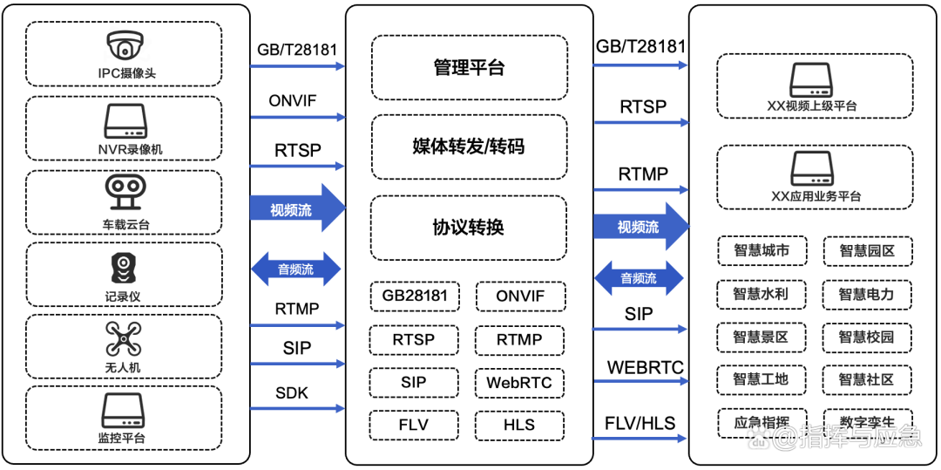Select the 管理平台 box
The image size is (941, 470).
(469, 68)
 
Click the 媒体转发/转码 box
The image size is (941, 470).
(469, 146)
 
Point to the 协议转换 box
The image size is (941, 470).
(469, 228)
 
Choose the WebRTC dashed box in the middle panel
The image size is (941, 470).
(519, 383)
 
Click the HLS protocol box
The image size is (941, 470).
(519, 425)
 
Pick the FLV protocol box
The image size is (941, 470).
(414, 425)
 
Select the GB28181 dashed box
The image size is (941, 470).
(415, 296)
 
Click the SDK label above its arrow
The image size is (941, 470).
(292, 392)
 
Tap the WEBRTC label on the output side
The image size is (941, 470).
(645, 367)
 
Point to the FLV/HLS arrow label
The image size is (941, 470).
(640, 423)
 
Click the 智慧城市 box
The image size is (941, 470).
(762, 251)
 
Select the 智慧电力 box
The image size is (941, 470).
(866, 294)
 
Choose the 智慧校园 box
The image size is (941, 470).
(866, 337)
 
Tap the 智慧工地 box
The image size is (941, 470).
(762, 379)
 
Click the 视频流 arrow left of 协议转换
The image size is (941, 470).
(296, 209)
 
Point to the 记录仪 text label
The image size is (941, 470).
(123, 296)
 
